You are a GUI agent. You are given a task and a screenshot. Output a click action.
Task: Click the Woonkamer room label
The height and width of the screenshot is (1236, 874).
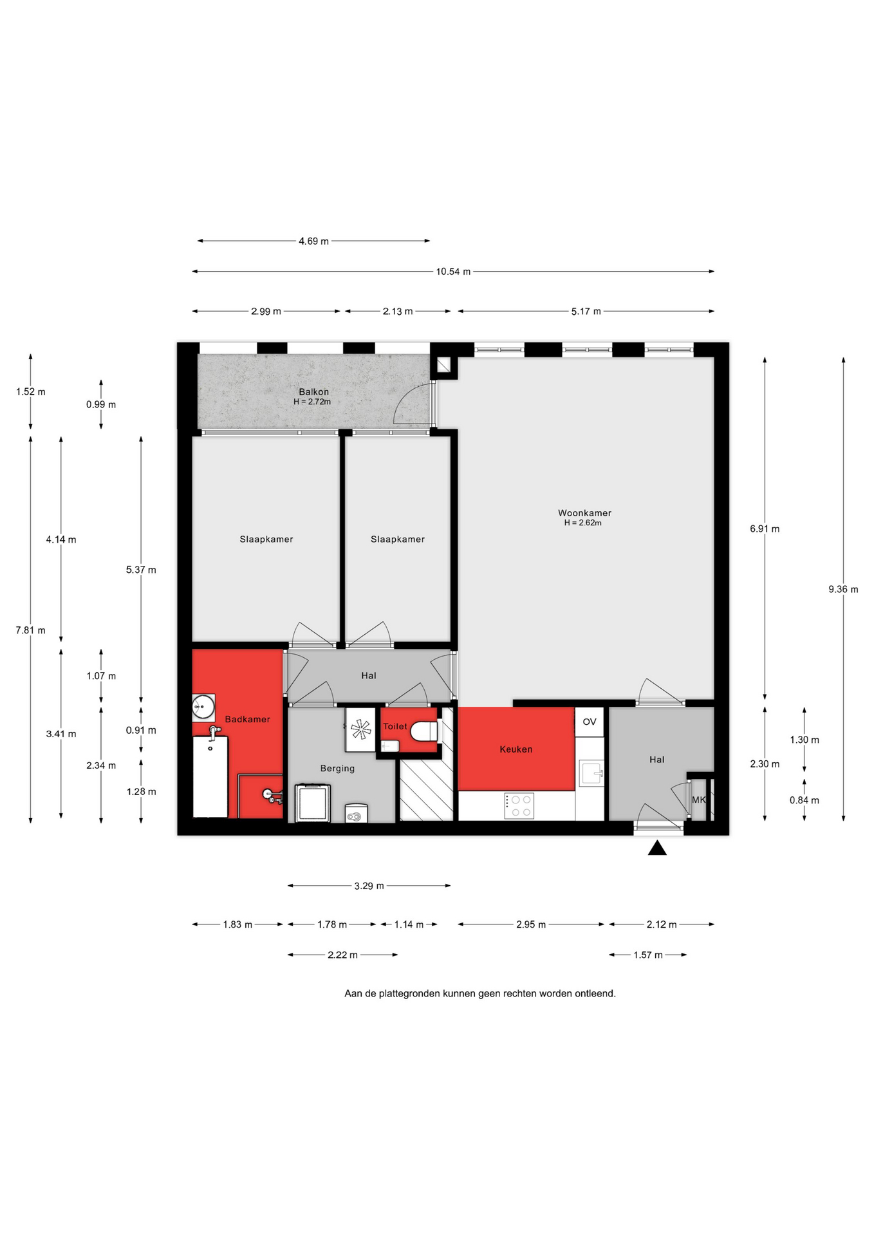click(x=584, y=513)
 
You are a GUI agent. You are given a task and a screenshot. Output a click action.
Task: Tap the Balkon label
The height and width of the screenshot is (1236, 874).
click(x=313, y=391)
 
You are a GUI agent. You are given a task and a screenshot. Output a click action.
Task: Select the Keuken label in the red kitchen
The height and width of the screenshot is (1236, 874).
click(x=516, y=749)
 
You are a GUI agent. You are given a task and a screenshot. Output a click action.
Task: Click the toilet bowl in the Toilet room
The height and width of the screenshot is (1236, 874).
click(x=424, y=731)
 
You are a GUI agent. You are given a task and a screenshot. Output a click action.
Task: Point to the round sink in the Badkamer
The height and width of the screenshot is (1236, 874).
click(x=203, y=706)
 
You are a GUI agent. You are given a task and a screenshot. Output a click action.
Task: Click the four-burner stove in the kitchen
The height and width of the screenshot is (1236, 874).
click(x=519, y=805)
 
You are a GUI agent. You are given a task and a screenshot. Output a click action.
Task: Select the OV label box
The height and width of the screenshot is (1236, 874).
click(x=590, y=722)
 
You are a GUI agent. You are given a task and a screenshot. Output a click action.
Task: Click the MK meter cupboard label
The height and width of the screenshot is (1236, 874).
click(x=699, y=800)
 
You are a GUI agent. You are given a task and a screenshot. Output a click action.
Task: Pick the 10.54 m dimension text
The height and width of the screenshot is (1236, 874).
click(x=453, y=272)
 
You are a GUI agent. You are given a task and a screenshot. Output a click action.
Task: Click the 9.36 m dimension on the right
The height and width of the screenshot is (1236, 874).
click(x=843, y=589)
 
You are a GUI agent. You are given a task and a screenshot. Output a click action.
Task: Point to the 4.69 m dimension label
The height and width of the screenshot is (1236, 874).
click(x=313, y=241)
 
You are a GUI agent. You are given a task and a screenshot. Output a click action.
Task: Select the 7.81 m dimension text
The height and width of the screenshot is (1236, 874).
click(x=30, y=630)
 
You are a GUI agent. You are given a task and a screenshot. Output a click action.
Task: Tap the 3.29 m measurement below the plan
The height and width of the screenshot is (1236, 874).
click(x=369, y=886)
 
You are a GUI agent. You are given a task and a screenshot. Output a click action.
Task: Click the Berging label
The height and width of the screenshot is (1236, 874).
click(x=337, y=768)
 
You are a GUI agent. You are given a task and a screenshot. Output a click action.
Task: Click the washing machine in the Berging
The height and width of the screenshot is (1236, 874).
click(x=313, y=803)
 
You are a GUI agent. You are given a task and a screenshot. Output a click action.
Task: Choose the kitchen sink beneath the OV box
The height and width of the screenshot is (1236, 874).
click(x=591, y=772)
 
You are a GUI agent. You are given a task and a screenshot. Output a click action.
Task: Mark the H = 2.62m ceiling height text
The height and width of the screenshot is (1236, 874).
click(x=583, y=523)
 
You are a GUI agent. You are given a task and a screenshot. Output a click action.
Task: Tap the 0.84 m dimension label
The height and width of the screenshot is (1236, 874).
click(x=804, y=800)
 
